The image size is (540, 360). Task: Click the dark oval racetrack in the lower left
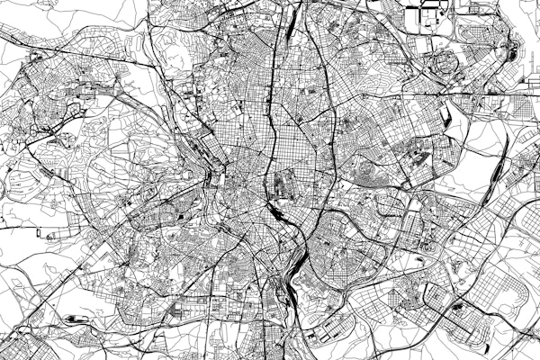coord(73,319)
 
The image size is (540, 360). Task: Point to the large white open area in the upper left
coord(108,27)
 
